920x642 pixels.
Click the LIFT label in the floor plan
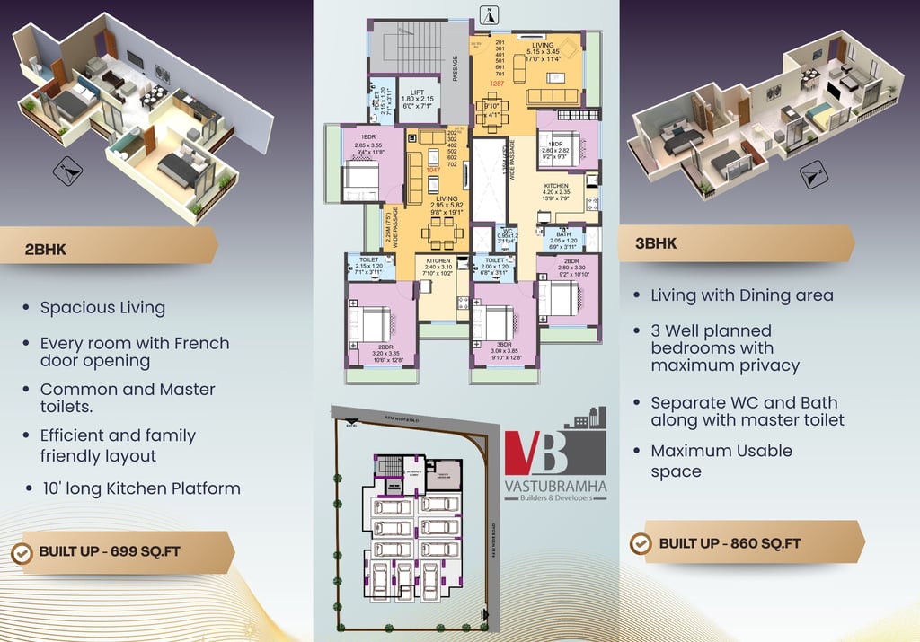click(x=417, y=92)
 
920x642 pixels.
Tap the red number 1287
click(x=496, y=83)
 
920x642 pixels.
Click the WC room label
click(x=508, y=231)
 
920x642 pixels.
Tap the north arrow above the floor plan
click(x=489, y=14)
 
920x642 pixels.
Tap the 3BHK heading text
click(x=656, y=243)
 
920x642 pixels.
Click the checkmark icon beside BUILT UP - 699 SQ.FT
click(x=22, y=551)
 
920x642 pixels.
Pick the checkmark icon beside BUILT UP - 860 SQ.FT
click(x=641, y=543)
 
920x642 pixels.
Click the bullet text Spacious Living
click(x=102, y=308)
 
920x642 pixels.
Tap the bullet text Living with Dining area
click(x=741, y=295)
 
